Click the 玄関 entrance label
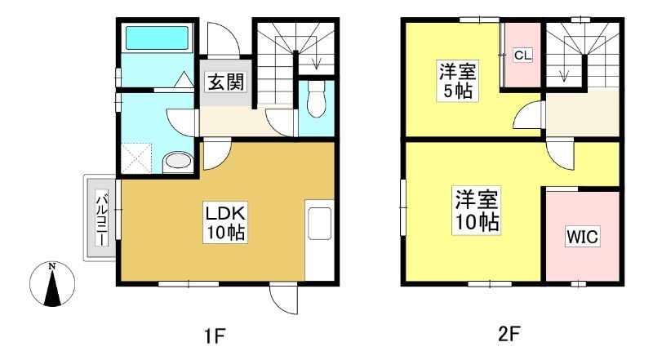226,82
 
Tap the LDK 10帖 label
225,223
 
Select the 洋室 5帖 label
457,81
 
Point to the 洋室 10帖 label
477,211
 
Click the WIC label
582,237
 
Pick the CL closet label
522,55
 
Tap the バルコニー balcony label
102,217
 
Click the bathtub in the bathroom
157,38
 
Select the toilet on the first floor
316,99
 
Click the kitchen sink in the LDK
319,224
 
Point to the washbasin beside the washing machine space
177,162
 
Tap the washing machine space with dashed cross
136,158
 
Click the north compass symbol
52,285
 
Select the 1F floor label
215,336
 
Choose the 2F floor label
509,334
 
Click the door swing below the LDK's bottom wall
284,299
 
